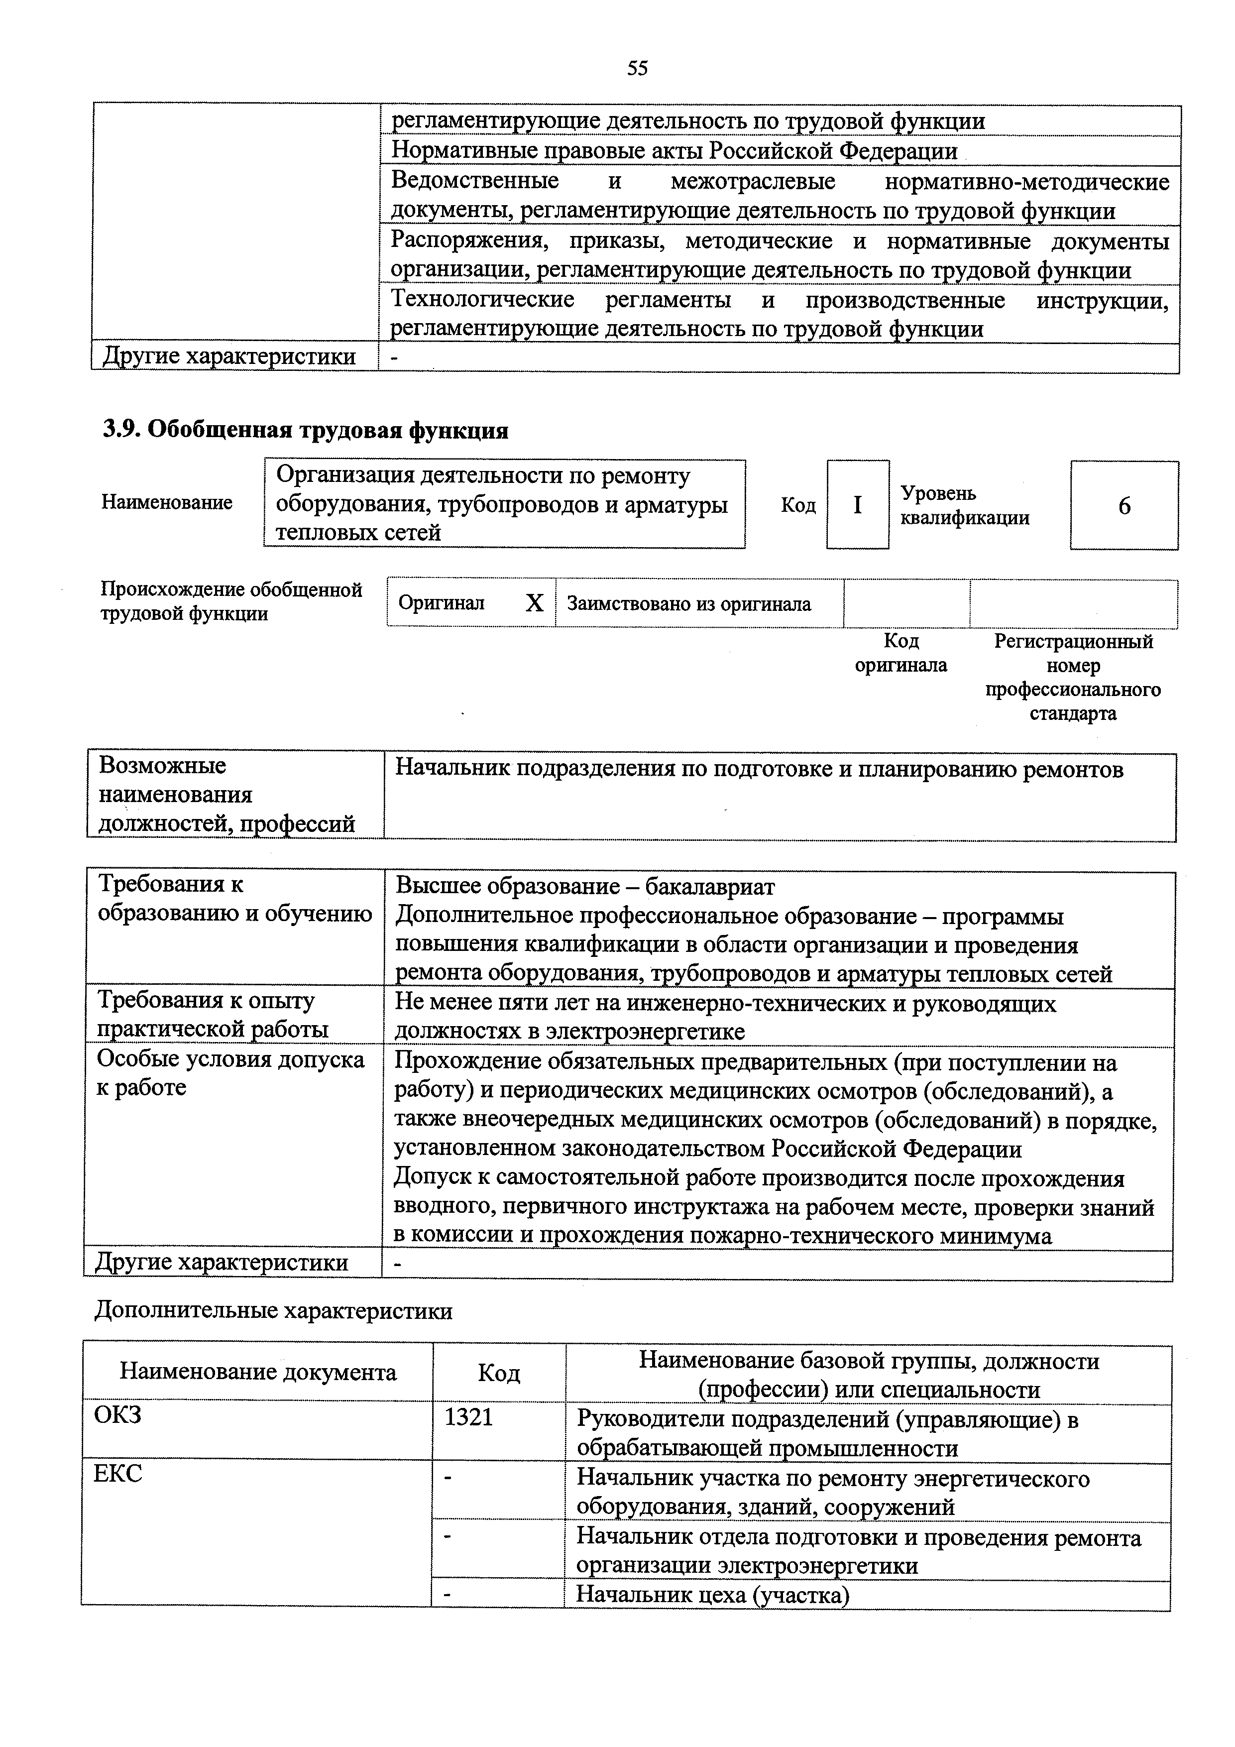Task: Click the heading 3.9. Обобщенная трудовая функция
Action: pyautogui.click(x=305, y=431)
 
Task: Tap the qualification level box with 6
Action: pyautogui.click(x=1124, y=506)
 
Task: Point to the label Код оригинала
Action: pyautogui.click(x=901, y=653)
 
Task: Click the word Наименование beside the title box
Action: pyautogui.click(x=167, y=502)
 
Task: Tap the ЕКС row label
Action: pyautogui.click(x=118, y=1474)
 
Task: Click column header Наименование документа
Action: pyautogui.click(x=258, y=1372)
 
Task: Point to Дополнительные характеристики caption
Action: pyautogui.click(x=273, y=1310)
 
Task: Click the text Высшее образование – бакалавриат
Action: pyautogui.click(x=584, y=886)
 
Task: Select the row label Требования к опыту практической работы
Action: pyautogui.click(x=213, y=1014)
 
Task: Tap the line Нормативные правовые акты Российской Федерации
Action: pyautogui.click(x=674, y=151)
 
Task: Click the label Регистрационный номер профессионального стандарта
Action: pyautogui.click(x=1073, y=677)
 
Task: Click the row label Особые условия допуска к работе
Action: pyautogui.click(x=230, y=1073)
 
